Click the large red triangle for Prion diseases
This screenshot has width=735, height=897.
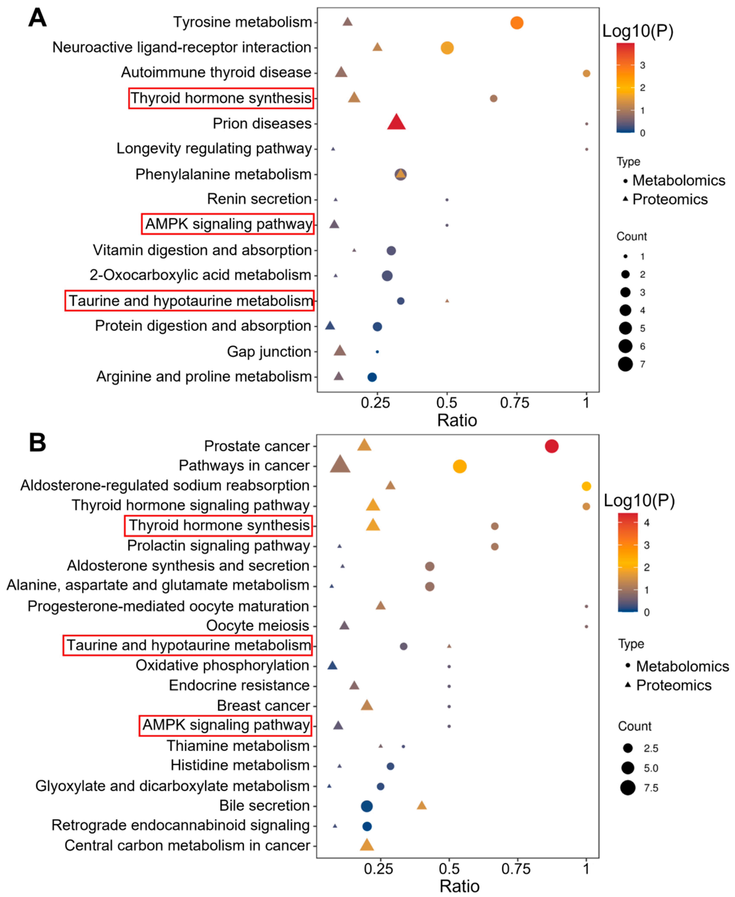click(396, 123)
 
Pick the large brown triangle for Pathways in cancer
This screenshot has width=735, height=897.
click(340, 465)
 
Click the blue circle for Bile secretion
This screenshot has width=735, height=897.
click(367, 806)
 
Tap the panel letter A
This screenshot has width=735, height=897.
click(37, 18)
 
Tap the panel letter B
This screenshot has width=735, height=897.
click(37, 443)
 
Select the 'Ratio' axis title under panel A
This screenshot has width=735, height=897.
click(457, 420)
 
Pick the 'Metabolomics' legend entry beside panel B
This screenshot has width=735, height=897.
click(682, 666)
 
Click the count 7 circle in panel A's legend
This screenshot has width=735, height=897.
click(625, 364)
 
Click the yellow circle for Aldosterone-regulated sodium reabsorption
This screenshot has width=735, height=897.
click(586, 486)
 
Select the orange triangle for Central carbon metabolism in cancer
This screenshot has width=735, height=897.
click(367, 845)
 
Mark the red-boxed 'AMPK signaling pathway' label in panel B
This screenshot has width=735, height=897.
click(226, 725)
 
